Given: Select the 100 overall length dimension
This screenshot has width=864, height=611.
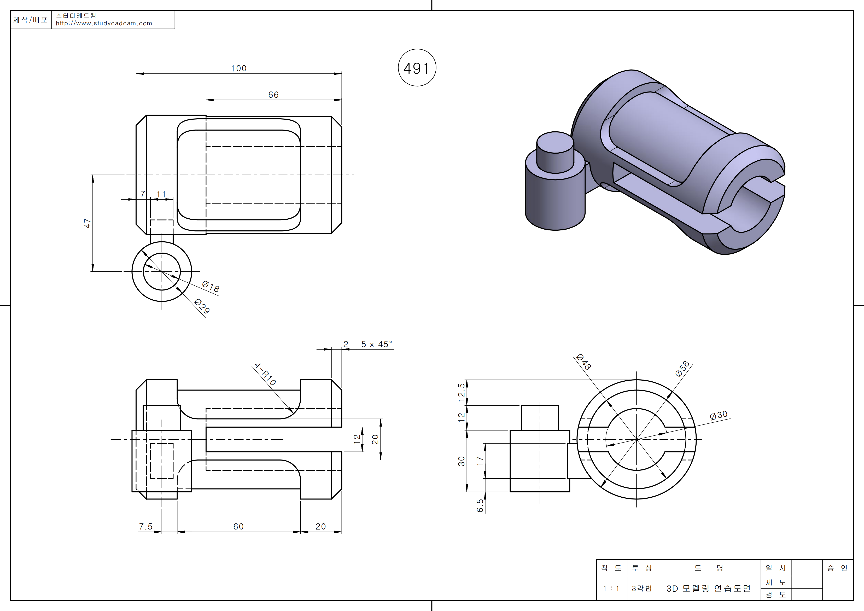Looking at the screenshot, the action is point(238,68).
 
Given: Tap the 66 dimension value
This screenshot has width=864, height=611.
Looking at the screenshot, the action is point(273,95).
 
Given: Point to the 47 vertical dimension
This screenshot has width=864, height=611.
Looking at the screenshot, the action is point(87,223).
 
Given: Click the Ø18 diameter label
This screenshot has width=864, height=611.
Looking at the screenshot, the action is point(210,287).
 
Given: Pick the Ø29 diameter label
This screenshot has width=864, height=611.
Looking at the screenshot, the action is point(202,306).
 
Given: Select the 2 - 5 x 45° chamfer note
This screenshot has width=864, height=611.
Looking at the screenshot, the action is point(368,344).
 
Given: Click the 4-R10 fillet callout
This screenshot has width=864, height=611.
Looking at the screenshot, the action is point(265,374).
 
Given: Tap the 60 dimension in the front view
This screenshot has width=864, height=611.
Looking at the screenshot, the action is point(238,526).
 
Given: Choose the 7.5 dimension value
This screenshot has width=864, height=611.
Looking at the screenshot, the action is point(146,526).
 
